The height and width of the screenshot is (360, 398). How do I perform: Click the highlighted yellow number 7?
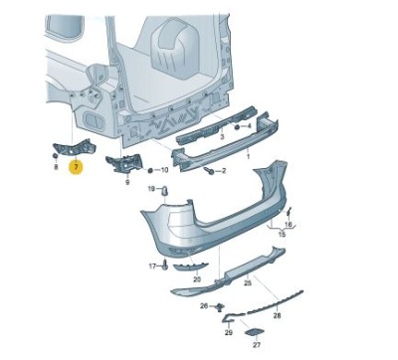[77, 167]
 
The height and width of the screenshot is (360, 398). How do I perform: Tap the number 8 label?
[56, 167]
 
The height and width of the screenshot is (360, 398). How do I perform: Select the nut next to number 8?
[56, 156]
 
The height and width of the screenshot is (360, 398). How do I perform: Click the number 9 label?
[127, 182]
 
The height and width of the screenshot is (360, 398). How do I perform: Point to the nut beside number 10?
[149, 170]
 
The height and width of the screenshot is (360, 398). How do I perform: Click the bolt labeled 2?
[209, 170]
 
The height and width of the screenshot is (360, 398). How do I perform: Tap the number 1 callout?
[248, 156]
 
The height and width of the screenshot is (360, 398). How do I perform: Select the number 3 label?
[222, 136]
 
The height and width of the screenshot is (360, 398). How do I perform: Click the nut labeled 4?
[237, 126]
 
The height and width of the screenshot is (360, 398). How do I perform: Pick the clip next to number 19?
[164, 191]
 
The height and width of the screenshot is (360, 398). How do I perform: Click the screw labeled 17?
[165, 266]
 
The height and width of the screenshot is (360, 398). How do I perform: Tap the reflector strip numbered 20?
[190, 267]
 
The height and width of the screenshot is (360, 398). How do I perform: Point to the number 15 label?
[282, 235]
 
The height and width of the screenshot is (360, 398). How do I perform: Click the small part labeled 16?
[289, 211]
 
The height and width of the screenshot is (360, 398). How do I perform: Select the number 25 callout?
[248, 282]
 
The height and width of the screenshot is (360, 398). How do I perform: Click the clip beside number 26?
[220, 307]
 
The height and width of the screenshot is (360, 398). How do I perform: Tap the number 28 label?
[277, 315]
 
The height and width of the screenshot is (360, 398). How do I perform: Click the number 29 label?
[229, 332]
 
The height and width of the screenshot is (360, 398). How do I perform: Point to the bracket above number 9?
[123, 164]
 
